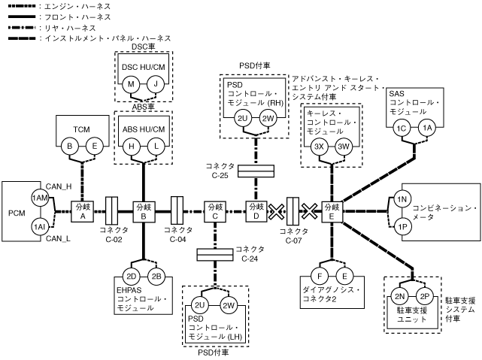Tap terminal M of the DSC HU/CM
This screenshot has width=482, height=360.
(132, 85)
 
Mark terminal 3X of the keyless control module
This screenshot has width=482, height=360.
(319, 147)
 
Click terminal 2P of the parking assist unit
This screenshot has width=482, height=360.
(425, 295)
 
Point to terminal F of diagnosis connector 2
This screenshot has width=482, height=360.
(320, 275)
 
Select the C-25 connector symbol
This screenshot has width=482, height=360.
(256, 171)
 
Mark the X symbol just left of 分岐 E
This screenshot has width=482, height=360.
(308, 208)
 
